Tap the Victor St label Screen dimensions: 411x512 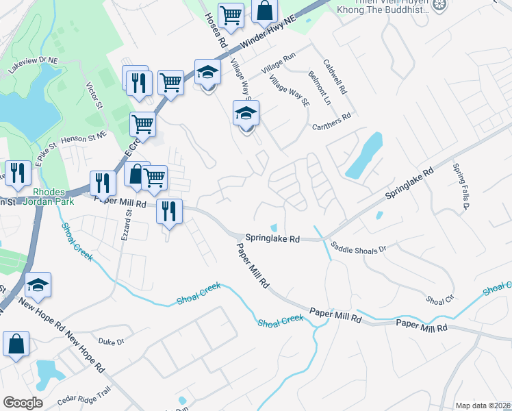point(94,97)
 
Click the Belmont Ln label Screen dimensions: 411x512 point(319,88)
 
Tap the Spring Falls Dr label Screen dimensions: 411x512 point(460,186)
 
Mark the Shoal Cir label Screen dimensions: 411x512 point(440,299)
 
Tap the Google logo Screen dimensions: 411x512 point(23,403)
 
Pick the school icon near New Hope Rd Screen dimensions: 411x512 point(38,286)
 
